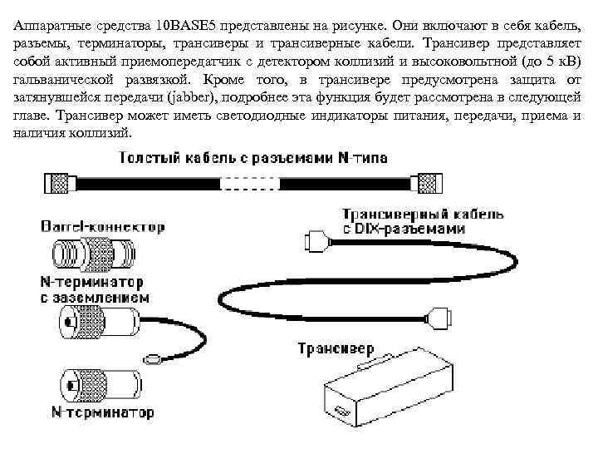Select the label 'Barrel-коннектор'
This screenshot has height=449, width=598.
(x=102, y=225)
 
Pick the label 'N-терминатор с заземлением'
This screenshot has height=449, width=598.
(x=93, y=289)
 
